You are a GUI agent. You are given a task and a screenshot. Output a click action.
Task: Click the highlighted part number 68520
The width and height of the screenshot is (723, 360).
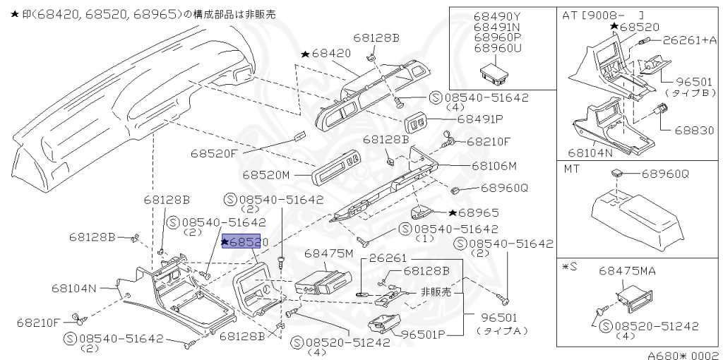pos(241,242)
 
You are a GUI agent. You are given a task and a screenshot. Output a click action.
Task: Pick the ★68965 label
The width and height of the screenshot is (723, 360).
pos(474,212)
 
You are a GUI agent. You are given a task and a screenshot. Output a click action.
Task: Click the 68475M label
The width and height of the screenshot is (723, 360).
pos(329,253)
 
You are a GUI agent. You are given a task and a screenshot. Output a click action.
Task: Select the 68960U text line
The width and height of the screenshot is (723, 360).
pos(498,49)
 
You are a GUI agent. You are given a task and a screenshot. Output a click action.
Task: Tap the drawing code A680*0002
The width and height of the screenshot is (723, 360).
pos(683,355)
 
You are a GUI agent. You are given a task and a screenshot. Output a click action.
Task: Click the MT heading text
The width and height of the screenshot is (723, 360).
pos(573,169)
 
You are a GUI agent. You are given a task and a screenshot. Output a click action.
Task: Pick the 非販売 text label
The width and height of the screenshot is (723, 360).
pos(436,292)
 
